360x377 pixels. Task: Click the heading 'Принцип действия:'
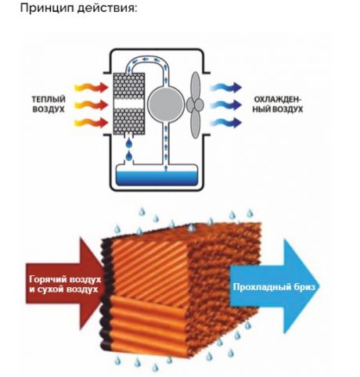(x=78, y=8)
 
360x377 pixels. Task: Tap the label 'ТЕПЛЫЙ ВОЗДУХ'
(x=49, y=104)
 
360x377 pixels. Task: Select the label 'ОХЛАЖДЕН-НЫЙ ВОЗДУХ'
(x=278, y=104)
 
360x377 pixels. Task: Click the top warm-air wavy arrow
(x=92, y=87)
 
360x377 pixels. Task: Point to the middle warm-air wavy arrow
(x=92, y=105)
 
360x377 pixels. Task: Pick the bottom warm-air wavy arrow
(x=92, y=123)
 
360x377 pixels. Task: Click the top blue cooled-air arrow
(x=226, y=87)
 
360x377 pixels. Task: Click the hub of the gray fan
(x=195, y=105)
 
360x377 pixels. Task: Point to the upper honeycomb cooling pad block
(x=129, y=86)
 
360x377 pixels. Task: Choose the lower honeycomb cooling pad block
(x=129, y=121)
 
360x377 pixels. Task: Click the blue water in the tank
(x=157, y=178)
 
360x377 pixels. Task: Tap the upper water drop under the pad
(x=129, y=142)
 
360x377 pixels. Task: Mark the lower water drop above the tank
(x=129, y=156)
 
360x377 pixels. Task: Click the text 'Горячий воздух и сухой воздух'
(x=65, y=284)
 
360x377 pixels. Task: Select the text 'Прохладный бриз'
(x=274, y=287)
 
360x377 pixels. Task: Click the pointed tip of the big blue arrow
(x=319, y=286)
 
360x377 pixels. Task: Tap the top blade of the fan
(x=196, y=85)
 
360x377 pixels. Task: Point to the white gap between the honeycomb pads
(x=129, y=104)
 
